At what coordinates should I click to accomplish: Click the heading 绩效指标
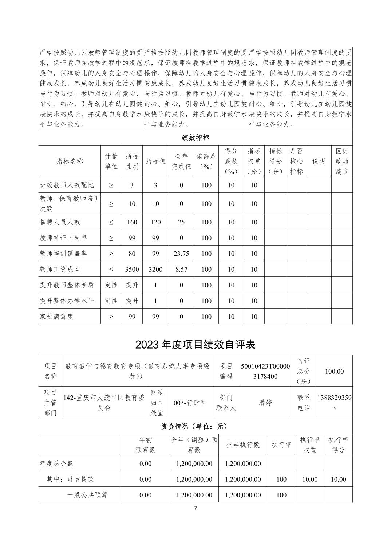tap(195, 138)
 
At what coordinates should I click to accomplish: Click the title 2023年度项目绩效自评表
tap(195, 344)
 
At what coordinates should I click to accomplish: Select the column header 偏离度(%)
tap(206, 161)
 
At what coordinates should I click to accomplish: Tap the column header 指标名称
tap(70, 162)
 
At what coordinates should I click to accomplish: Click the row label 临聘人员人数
tap(60, 222)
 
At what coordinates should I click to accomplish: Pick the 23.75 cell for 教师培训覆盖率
tap(181, 254)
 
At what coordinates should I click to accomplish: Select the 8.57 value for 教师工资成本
tap(181, 270)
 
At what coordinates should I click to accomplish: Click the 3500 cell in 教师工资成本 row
tap(132, 270)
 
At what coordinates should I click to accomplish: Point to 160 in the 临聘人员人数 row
tap(132, 222)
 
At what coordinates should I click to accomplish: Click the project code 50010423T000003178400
tap(265, 371)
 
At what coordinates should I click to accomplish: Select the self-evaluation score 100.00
tap(334, 371)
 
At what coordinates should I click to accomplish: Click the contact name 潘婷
tap(265, 403)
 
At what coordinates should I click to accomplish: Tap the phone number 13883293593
tap(334, 403)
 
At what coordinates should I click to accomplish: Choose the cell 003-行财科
tap(190, 403)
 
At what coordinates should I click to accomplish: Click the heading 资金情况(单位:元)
tap(195, 426)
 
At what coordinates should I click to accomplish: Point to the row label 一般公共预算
tap(87, 495)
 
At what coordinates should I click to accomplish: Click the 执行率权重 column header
tap(309, 445)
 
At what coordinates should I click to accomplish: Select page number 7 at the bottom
tap(195, 509)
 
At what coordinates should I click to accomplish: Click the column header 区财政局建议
tap(342, 161)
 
